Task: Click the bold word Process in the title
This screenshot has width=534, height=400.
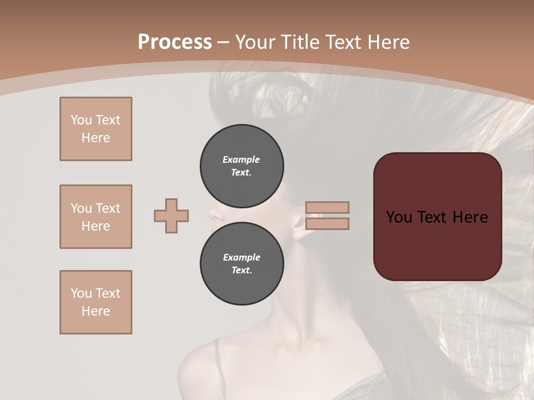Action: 175,42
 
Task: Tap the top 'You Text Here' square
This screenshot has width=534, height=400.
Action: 96,129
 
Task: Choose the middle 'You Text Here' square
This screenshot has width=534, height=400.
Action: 96,217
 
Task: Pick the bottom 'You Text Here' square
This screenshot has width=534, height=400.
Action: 96,302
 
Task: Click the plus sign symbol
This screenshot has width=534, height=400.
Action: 171,216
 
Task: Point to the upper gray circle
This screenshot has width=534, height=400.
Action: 241,166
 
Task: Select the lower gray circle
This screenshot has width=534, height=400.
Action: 241,264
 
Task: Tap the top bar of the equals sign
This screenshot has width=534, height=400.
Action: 327,207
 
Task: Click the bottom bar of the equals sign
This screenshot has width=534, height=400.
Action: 327,224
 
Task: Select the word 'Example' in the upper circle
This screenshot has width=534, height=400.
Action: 241,159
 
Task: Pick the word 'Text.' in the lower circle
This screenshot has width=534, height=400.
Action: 241,271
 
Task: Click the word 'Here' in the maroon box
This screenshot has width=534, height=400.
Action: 470,217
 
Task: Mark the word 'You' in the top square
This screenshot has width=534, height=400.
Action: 81,120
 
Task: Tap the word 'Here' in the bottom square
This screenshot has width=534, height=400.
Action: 96,311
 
